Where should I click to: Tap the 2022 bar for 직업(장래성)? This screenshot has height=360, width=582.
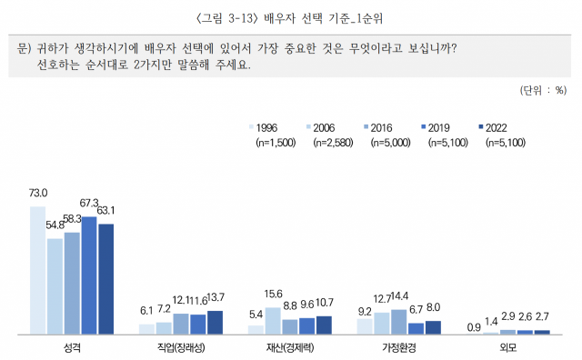pyautogui.click(x=215, y=323)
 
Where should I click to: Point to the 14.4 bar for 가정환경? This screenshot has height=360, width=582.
pyautogui.click(x=398, y=322)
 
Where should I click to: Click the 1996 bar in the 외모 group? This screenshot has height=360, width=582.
pyautogui.click(x=475, y=333)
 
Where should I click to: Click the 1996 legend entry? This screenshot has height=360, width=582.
pyautogui.click(x=266, y=126)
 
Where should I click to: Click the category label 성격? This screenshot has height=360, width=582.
pyautogui.click(x=73, y=348)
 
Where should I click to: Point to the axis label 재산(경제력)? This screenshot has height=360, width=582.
pyautogui.click(x=291, y=348)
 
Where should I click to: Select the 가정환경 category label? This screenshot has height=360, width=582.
pyautogui.click(x=399, y=348)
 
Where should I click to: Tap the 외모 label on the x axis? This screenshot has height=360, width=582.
pyautogui.click(x=509, y=348)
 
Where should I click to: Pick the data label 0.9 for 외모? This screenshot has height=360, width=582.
pyautogui.click(x=474, y=325)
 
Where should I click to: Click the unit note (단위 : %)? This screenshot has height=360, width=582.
pyautogui.click(x=542, y=89)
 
